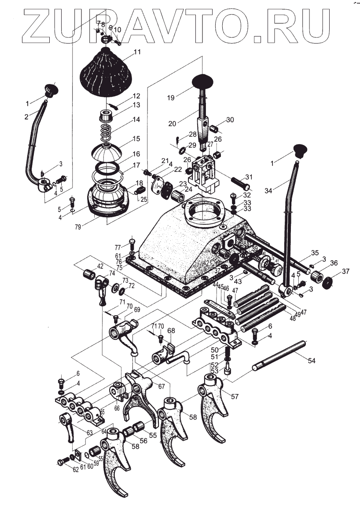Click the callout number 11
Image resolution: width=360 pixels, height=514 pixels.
tap(137, 52)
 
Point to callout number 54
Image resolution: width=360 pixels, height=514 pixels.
tap(312, 361)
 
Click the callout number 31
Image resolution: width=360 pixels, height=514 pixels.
tap(249, 177)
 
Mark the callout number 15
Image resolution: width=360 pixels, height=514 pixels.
tap(136, 138)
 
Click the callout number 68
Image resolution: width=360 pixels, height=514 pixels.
tap(171, 330)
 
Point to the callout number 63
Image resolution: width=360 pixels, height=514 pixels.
tap(89, 433)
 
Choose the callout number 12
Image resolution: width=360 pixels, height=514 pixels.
tap(136, 95)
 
